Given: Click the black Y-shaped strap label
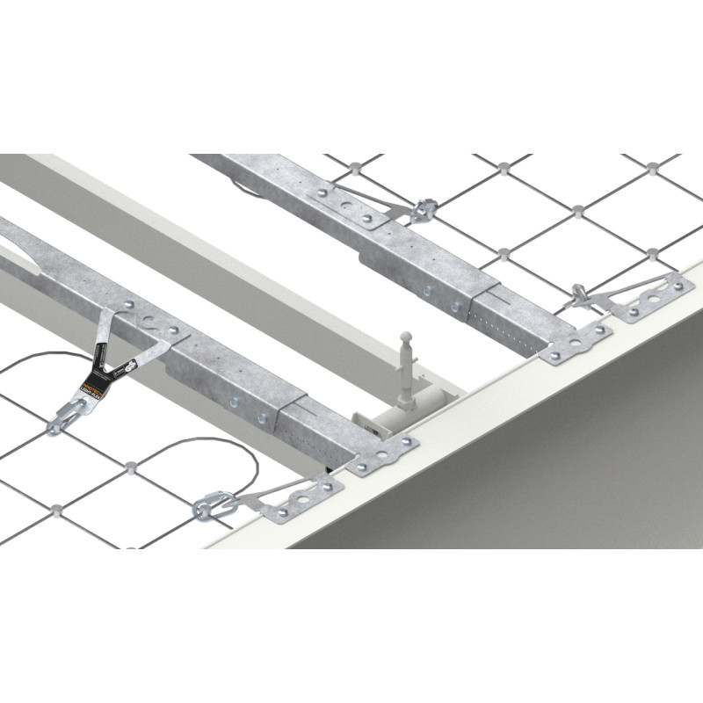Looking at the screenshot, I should tap(112, 361).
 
